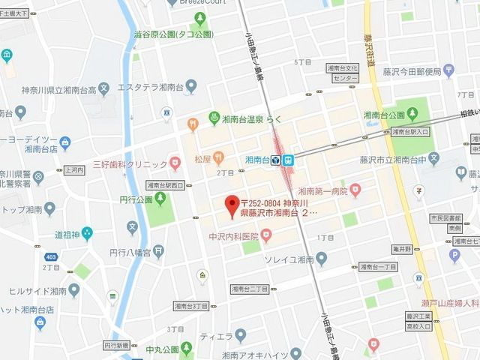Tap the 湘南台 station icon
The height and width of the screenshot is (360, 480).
282,160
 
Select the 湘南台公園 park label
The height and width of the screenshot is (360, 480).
383,115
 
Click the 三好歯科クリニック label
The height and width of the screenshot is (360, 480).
129,164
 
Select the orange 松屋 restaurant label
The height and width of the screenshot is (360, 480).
202,158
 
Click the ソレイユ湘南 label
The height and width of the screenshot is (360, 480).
287,259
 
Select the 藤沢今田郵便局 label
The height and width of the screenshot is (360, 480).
411,71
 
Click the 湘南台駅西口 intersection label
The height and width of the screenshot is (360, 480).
165,184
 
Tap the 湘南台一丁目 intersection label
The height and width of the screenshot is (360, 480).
377,267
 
